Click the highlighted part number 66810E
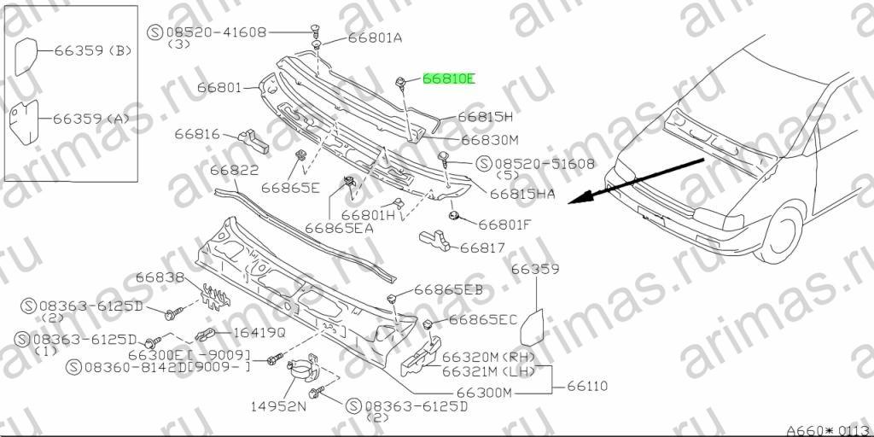[x=449, y=79]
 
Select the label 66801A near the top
[x=376, y=38]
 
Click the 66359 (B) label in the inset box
[x=92, y=50]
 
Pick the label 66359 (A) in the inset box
[x=91, y=119]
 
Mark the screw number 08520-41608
[x=214, y=32]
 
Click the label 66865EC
[x=483, y=320]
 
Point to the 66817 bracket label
[x=482, y=248]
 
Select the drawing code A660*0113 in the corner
[x=829, y=431]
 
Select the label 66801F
[x=505, y=224]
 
